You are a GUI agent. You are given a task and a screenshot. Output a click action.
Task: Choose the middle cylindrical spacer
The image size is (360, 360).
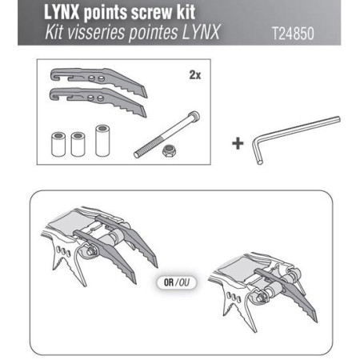78,142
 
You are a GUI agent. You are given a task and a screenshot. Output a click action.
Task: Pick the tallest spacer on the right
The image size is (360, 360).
102,139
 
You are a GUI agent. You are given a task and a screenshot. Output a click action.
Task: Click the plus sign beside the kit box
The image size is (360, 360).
236,142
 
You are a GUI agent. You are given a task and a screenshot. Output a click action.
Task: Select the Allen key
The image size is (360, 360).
292,138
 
